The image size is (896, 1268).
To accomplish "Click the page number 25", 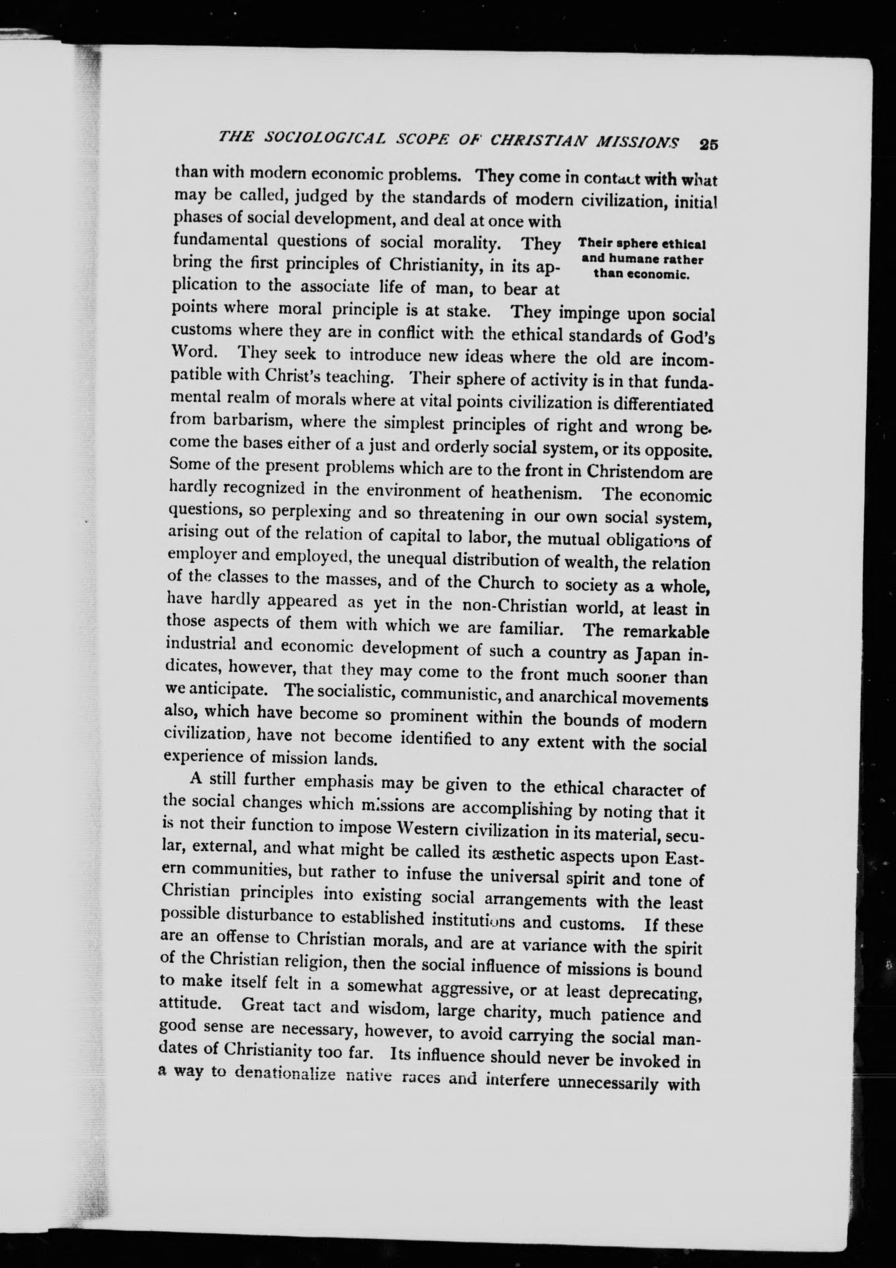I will coord(708,145).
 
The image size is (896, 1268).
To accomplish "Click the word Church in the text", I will coord(506,583).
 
